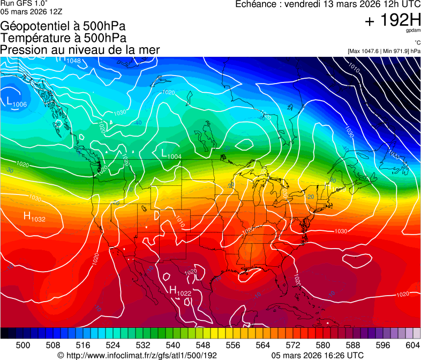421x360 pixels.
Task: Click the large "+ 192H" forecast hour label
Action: point(393,21)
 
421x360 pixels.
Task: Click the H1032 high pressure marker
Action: point(34,217)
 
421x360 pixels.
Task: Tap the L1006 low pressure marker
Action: point(17,101)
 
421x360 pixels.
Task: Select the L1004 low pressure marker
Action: point(171,154)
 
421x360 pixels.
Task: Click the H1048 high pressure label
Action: point(70,60)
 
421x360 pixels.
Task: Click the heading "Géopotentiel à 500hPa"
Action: point(63,26)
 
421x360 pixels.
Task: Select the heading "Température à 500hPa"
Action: point(63,38)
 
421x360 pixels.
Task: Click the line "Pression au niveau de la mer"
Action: point(80,50)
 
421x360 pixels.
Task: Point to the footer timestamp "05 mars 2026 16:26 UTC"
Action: point(318,355)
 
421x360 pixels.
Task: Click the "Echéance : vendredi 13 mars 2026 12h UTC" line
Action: point(328,4)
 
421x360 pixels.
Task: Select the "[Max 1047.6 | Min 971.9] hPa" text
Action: point(384,51)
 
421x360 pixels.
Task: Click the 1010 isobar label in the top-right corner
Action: point(354,67)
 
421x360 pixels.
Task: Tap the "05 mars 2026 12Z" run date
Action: point(26,11)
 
